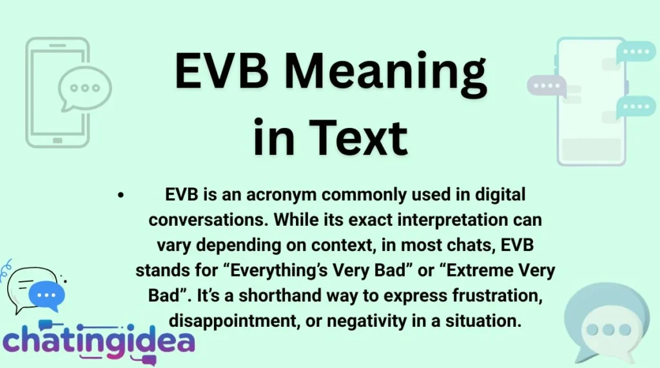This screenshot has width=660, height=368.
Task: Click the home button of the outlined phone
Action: click(x=57, y=140)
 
